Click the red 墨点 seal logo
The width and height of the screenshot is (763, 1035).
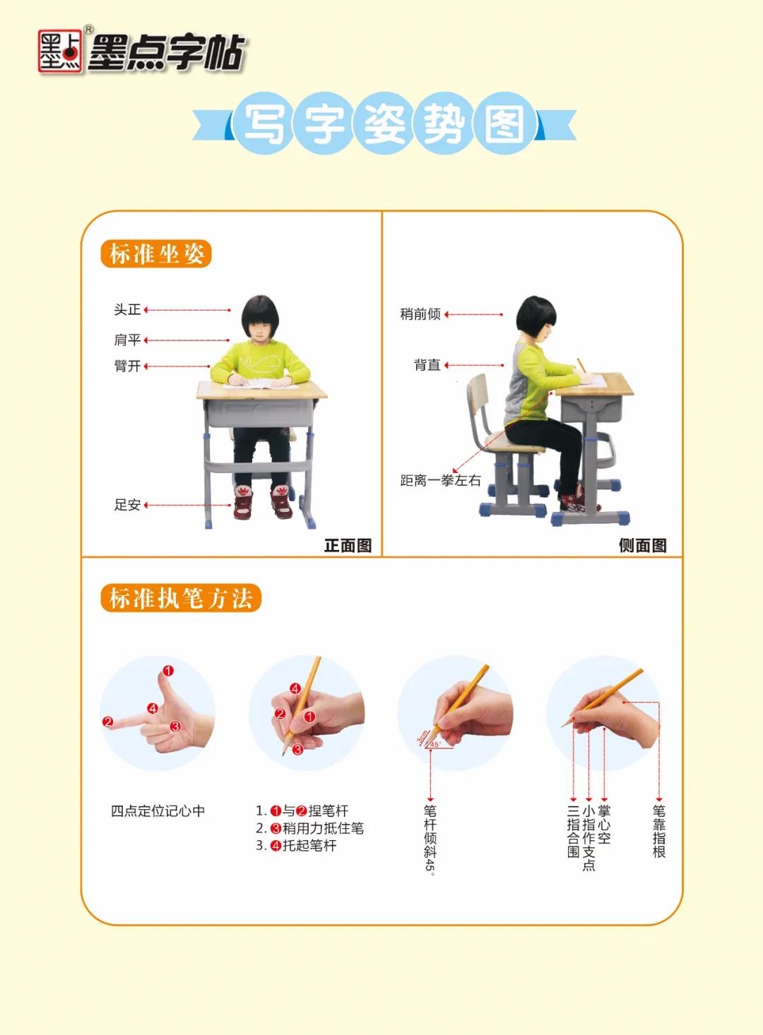(59, 52)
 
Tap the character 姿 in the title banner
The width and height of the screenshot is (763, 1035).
(384, 124)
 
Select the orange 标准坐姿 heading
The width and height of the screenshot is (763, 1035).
(156, 254)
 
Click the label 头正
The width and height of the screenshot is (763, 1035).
(127, 310)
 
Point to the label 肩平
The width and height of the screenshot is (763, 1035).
(127, 340)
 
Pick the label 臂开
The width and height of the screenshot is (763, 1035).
(127, 366)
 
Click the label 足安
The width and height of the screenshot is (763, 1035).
(127, 505)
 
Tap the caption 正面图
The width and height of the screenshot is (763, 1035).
(348, 545)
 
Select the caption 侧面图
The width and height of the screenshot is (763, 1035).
(642, 545)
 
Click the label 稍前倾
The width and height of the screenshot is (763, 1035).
(420, 314)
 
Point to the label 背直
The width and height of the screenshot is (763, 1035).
(427, 365)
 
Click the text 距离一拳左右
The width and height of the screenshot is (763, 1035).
(440, 481)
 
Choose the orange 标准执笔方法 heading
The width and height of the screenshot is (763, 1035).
(181, 598)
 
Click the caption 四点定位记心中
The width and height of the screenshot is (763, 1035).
(158, 811)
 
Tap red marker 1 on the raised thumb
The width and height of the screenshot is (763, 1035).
(168, 671)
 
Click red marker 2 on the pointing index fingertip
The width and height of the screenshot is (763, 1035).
(108, 722)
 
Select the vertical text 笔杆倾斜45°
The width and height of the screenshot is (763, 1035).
(430, 839)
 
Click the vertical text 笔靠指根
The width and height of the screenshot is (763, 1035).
(658, 831)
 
